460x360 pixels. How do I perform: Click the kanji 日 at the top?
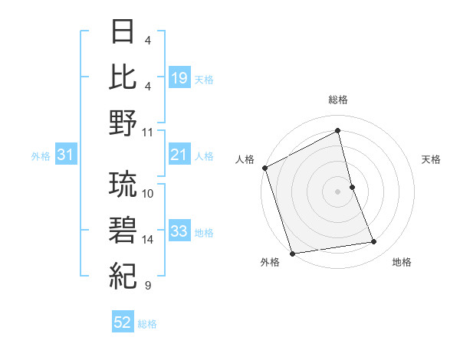coord(123,33)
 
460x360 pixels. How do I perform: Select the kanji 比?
coord(123,77)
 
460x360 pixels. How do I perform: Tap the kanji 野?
coord(123,123)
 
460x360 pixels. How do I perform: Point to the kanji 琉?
coord(123,185)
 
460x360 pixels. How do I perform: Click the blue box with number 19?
coord(179,78)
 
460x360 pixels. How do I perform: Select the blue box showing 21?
coord(179,155)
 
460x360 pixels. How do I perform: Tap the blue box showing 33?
coord(179,232)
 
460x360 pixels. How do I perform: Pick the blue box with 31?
coord(66,155)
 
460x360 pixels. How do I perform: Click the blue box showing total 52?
coord(123,323)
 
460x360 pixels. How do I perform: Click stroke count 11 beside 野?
coord(148,132)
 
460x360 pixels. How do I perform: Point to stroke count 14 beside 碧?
coord(148,240)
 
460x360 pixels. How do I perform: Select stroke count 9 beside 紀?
coord(147,286)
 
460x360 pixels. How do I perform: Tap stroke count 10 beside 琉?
coord(148,193)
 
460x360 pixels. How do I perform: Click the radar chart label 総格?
coord(338,100)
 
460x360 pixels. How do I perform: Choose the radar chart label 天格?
coord(432,159)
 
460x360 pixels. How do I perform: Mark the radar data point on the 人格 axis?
coord(264,168)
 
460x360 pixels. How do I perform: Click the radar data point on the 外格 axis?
coord(292,253)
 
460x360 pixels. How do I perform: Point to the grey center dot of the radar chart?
coord(338,191)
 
